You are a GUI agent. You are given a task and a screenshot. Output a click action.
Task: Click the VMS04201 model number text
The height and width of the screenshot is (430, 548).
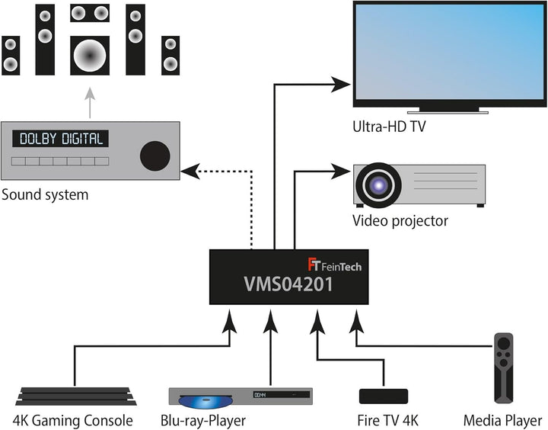(x=288, y=284)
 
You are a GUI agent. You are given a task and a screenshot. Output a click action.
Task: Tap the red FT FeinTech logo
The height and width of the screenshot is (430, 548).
(x=314, y=265)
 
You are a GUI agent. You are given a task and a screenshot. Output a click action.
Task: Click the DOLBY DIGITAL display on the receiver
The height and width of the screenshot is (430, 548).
(x=60, y=139)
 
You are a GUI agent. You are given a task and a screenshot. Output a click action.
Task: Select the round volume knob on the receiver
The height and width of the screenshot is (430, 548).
(x=155, y=156)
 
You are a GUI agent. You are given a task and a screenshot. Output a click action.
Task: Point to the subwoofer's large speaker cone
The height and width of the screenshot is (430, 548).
(x=90, y=56)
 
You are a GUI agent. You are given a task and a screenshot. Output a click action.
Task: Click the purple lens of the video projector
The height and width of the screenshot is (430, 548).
(x=378, y=185)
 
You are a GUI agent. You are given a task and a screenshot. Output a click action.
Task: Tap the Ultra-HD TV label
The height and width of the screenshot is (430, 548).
(x=389, y=127)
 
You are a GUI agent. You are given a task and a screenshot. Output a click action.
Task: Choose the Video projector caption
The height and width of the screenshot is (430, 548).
(x=400, y=220)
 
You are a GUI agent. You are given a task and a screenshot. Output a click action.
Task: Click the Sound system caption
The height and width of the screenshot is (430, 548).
(x=45, y=194)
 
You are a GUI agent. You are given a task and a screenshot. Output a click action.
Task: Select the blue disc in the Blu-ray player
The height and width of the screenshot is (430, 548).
(x=205, y=402)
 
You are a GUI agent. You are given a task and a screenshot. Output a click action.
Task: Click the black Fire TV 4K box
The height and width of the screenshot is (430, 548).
(x=384, y=396)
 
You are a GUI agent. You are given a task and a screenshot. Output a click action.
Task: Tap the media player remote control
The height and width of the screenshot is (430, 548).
(x=504, y=367)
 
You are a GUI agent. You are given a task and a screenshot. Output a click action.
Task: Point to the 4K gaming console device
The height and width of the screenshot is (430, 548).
(x=76, y=396)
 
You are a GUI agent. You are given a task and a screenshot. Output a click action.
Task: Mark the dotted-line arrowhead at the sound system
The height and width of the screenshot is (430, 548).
(x=190, y=172)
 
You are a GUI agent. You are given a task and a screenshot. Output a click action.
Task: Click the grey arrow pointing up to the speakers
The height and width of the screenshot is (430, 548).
(x=90, y=103)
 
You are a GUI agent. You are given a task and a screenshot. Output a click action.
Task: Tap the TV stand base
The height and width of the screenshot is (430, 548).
(x=448, y=112)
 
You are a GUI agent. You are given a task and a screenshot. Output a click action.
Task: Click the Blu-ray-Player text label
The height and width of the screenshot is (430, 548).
(x=203, y=420)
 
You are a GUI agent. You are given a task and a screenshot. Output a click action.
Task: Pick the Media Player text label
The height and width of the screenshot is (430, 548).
(x=502, y=420)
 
